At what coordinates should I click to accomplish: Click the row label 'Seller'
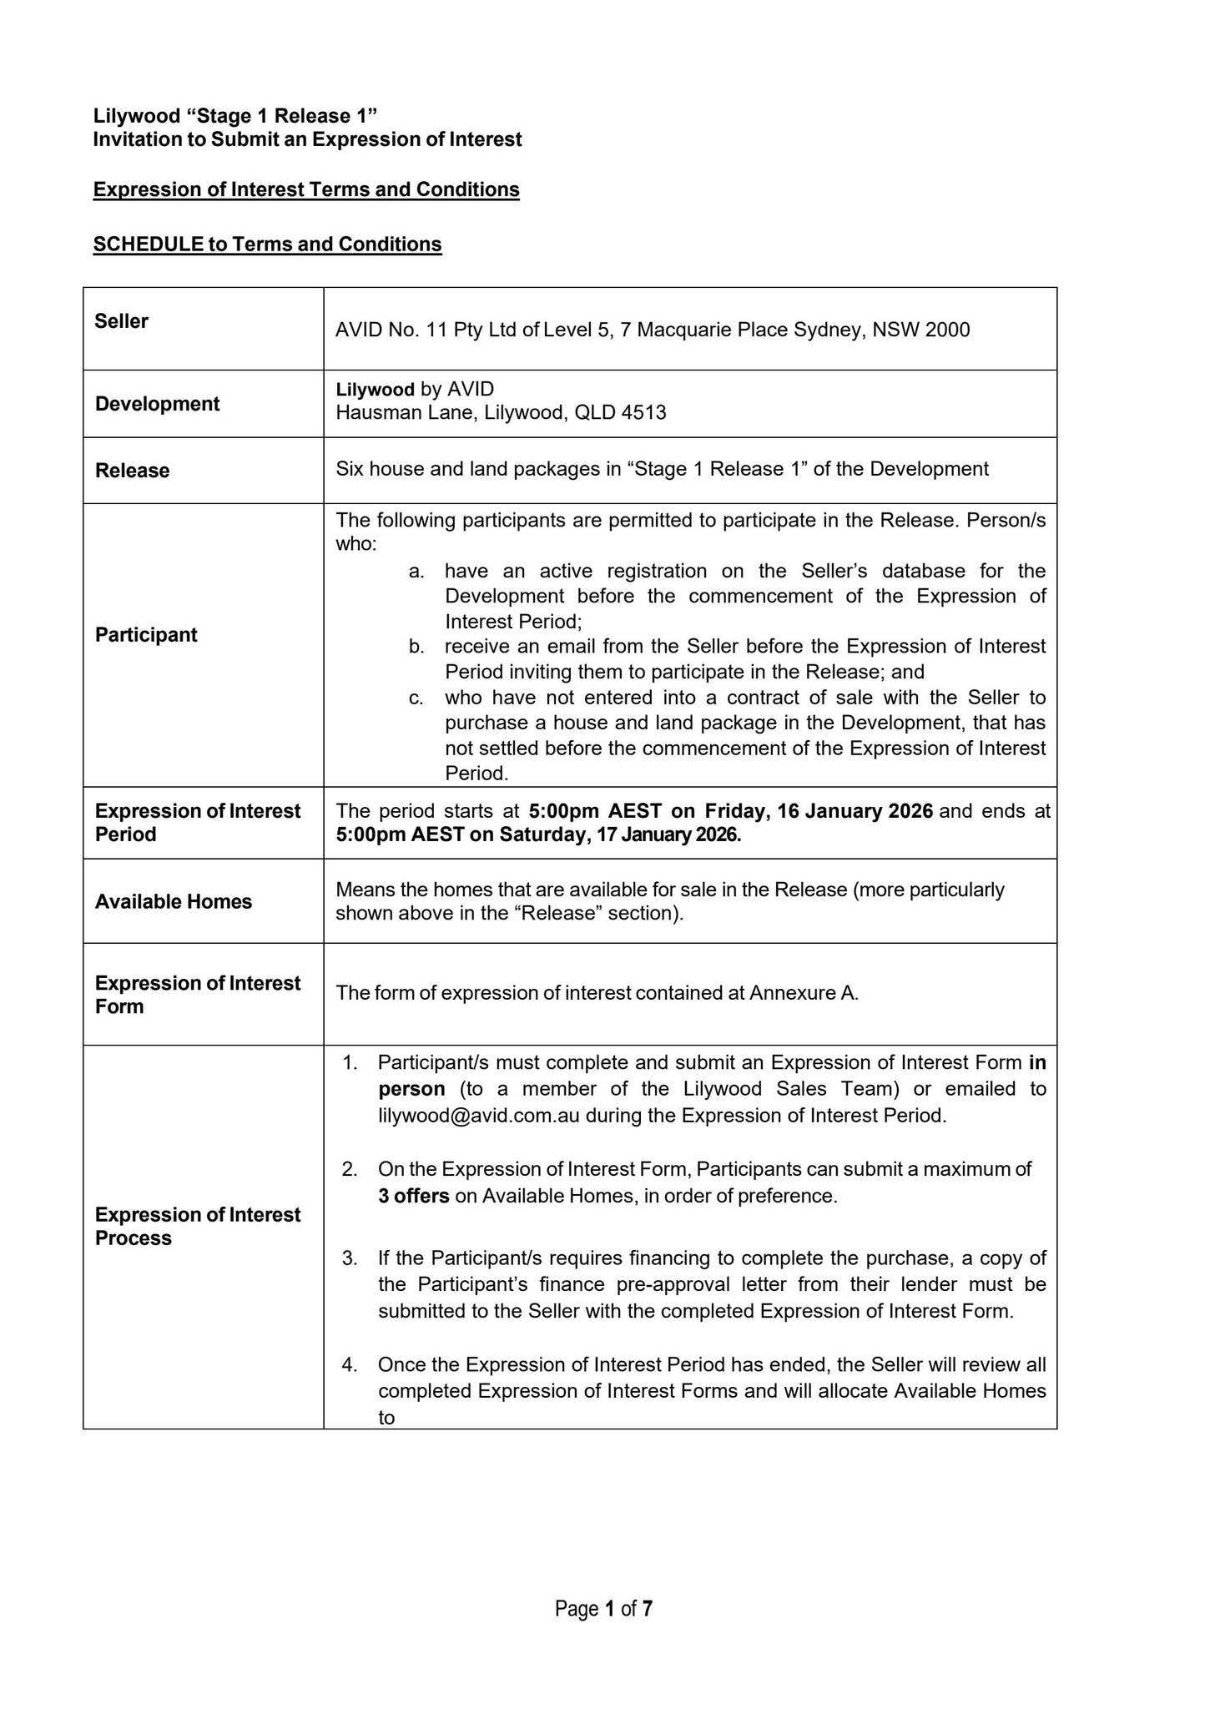pos(121,321)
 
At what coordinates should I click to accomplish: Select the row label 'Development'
pos(157,404)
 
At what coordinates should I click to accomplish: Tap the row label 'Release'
pos(132,471)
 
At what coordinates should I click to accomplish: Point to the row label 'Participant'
pos(146,635)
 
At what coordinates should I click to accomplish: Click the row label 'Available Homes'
pos(173,902)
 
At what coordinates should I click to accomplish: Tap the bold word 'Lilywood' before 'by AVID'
pos(375,390)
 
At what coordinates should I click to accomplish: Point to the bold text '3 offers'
pos(413,1196)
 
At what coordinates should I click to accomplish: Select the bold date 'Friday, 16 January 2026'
pos(819,811)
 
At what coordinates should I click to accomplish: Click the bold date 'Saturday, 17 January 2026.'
pos(620,835)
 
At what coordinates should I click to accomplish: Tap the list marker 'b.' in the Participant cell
pos(416,647)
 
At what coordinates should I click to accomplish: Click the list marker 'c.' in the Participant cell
pos(416,698)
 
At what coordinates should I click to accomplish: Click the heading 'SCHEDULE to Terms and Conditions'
pos(267,245)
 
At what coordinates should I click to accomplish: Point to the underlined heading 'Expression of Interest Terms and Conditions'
pos(306,190)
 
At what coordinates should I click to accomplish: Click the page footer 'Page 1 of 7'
pos(603,1609)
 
